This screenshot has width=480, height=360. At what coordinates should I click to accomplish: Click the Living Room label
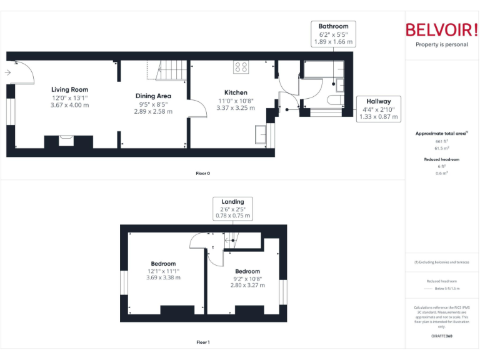coord(70,89)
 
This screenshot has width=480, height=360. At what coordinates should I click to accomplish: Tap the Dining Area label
coord(153,96)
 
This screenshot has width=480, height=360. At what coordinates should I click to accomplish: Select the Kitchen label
coord(236,92)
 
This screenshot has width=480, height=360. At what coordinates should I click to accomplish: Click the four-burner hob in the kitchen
coord(241,66)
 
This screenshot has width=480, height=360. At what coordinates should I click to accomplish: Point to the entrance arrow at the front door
coord(7,72)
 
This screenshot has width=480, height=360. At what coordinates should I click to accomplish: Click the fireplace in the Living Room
coord(66,140)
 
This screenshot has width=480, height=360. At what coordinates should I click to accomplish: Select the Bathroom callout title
coord(333,26)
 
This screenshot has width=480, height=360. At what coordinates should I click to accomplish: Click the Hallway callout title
coord(379,101)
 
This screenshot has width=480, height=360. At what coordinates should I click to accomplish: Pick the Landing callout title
coord(232,201)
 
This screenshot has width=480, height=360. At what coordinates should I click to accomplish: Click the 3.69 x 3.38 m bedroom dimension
coord(163,277)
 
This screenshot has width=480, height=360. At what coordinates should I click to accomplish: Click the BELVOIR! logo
coord(441,29)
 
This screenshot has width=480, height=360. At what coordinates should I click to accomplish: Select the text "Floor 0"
coord(202,173)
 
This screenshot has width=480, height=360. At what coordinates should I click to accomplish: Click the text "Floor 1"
coord(202,342)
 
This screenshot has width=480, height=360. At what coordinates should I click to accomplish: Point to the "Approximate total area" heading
coord(440,133)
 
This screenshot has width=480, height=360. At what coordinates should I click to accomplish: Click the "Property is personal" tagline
coord(441,44)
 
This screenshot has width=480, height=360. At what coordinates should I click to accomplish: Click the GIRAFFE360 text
coord(441,336)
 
